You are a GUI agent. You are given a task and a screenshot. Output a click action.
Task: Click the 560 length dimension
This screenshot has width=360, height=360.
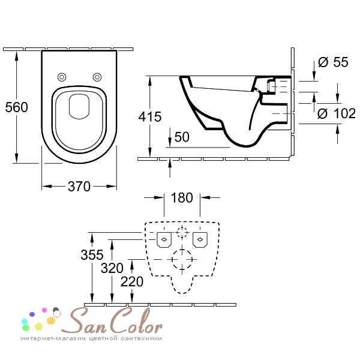click(x=17, y=107)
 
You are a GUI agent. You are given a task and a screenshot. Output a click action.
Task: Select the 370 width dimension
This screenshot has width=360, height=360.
click(x=79, y=187)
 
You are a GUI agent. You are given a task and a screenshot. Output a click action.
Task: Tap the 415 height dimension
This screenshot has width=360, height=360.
click(x=150, y=116)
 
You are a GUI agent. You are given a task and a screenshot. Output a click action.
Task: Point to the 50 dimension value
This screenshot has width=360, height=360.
click(x=182, y=137)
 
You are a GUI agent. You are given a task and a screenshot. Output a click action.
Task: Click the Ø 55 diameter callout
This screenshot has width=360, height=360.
click(x=333, y=62)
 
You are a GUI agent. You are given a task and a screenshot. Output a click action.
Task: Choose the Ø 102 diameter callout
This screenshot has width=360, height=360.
click(x=337, y=113)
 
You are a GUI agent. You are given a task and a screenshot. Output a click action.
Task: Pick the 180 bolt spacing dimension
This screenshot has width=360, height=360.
click(x=182, y=197)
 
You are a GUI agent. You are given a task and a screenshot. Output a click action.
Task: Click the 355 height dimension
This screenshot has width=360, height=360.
click(x=92, y=254)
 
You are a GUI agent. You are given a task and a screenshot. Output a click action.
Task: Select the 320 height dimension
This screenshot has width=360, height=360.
click(x=112, y=268)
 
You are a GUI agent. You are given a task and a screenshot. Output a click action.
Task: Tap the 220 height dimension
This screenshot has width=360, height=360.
click(x=132, y=281)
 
